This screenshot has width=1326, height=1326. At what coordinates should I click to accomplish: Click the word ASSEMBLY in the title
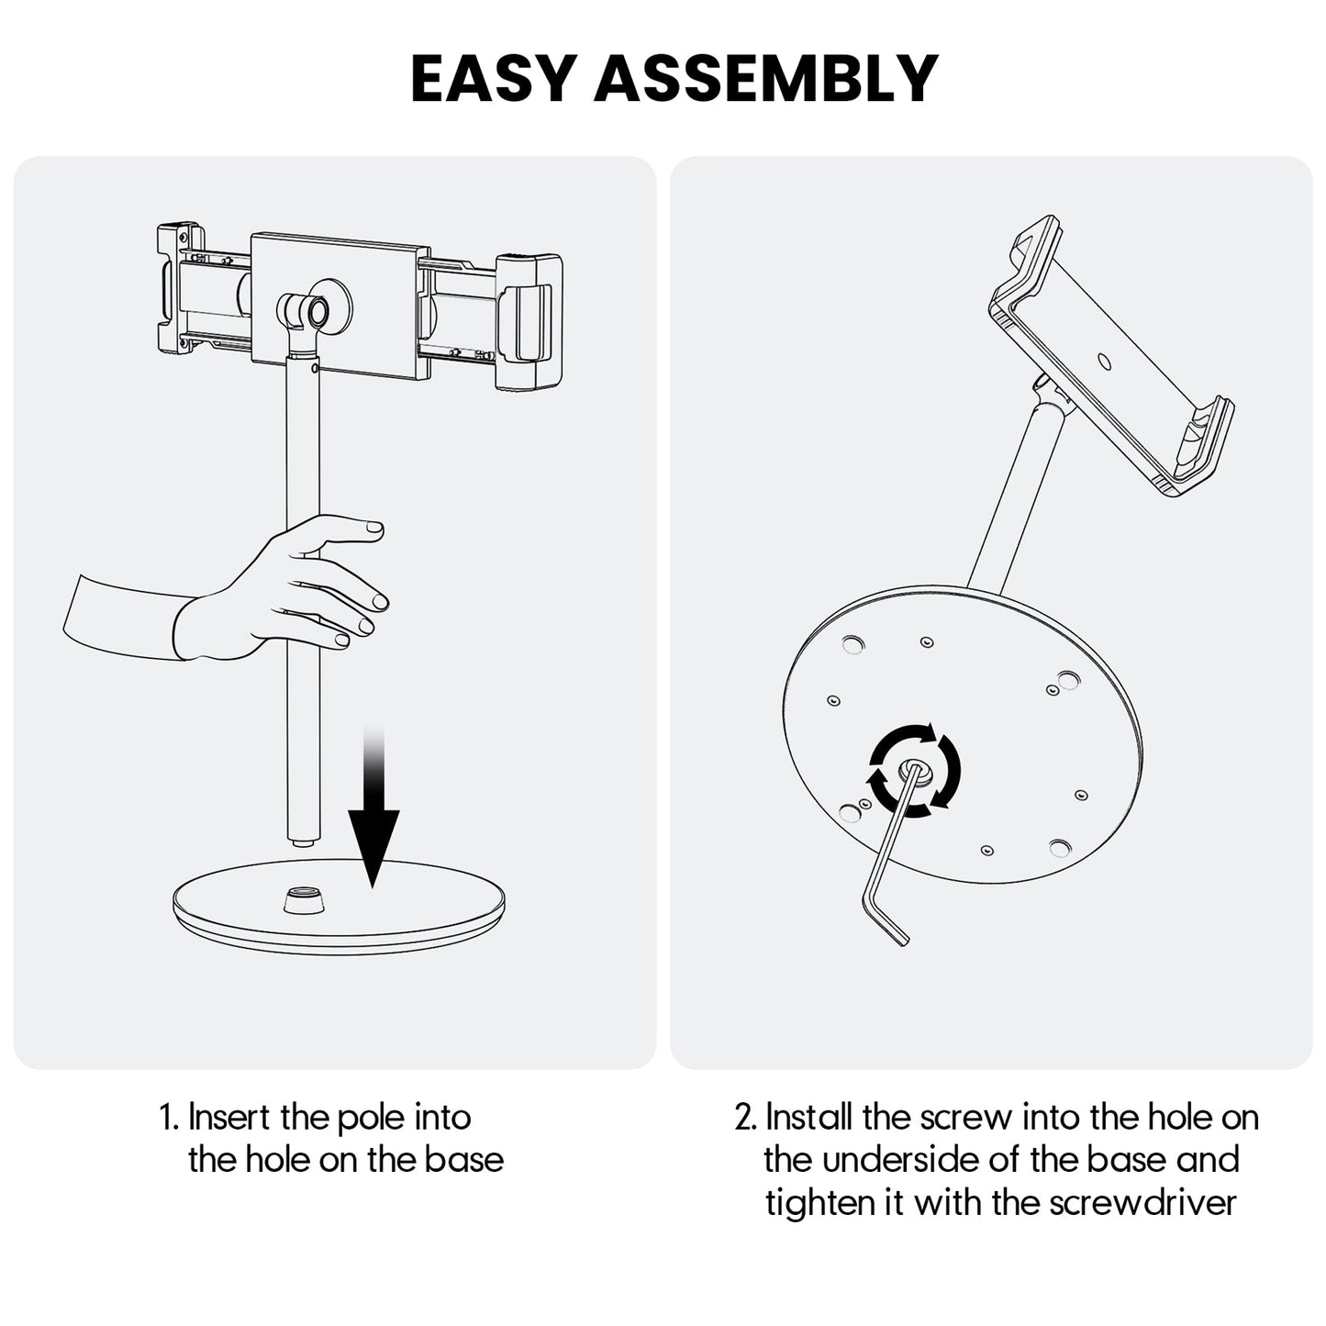tap(765, 79)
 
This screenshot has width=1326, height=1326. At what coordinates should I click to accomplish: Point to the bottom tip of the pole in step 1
tap(302, 839)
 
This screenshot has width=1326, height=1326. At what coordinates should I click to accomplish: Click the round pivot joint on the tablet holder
tap(317, 312)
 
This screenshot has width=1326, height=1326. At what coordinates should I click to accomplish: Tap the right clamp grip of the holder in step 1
tap(529, 321)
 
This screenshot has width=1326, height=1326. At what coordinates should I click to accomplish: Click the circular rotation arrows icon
tap(915, 768)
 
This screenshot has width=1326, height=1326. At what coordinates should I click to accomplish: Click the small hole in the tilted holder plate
tap(1104, 362)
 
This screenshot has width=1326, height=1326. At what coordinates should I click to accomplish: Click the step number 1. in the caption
tap(169, 1118)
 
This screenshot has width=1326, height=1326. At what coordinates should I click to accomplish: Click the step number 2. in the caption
tap(746, 1118)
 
